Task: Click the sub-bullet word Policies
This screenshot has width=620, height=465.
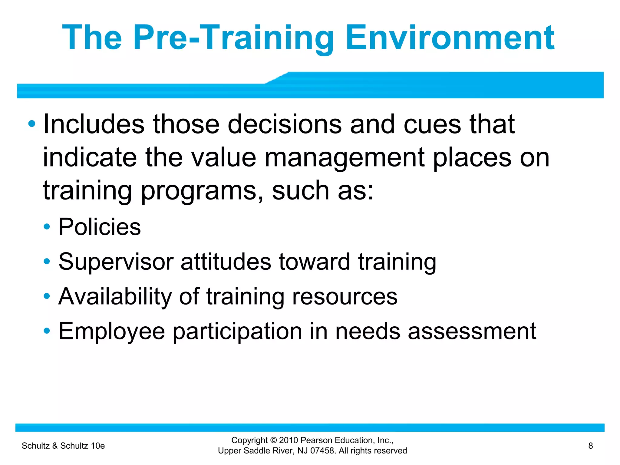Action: [100, 227]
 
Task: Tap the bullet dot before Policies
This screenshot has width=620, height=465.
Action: [47, 227]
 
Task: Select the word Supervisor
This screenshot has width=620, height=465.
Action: [116, 262]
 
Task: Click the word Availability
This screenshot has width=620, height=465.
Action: [115, 296]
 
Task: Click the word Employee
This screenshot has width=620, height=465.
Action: [111, 331]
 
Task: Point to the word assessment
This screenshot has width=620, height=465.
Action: [472, 331]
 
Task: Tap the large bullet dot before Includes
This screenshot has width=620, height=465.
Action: [31, 124]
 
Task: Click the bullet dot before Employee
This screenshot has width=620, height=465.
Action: [47, 331]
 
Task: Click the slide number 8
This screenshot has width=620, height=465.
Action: [590, 446]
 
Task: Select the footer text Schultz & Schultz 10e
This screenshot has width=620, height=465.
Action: [63, 446]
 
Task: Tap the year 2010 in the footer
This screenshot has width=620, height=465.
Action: [289, 440]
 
